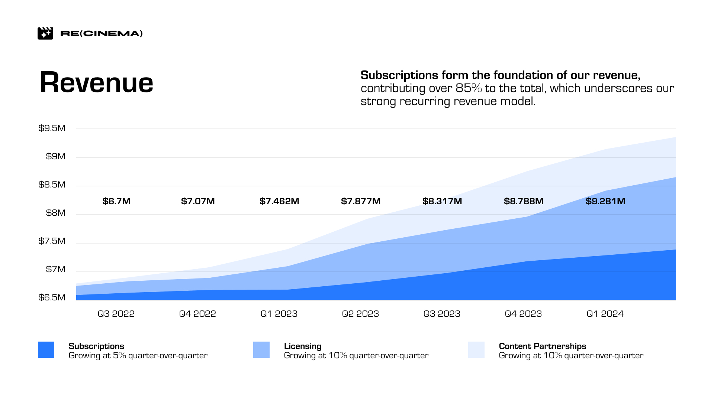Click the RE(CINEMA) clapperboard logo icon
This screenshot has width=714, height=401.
[x=45, y=33]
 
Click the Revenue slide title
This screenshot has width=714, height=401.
[x=96, y=82]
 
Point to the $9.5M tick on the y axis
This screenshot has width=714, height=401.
[x=52, y=128]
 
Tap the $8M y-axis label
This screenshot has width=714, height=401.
[x=56, y=213]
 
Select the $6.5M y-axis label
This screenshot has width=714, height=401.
[x=52, y=298]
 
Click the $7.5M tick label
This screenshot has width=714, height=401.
[x=52, y=241]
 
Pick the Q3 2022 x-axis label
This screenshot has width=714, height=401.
[x=116, y=314]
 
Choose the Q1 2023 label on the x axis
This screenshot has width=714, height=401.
[x=279, y=314]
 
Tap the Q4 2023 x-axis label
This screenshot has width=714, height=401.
[x=523, y=314]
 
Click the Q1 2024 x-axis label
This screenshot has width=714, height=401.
[x=605, y=314]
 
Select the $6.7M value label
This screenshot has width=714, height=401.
[x=116, y=201]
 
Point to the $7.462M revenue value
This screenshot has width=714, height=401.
[x=279, y=201]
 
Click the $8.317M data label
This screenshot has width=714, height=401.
[x=442, y=201]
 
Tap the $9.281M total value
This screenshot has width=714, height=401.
[x=605, y=201]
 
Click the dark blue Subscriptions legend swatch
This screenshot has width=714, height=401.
[x=46, y=350]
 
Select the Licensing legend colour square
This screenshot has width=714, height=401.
[x=261, y=350]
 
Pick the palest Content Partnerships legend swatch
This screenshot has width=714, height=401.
[x=476, y=350]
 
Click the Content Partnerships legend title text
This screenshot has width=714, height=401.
[x=543, y=346]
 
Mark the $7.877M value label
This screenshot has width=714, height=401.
[x=361, y=201]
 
